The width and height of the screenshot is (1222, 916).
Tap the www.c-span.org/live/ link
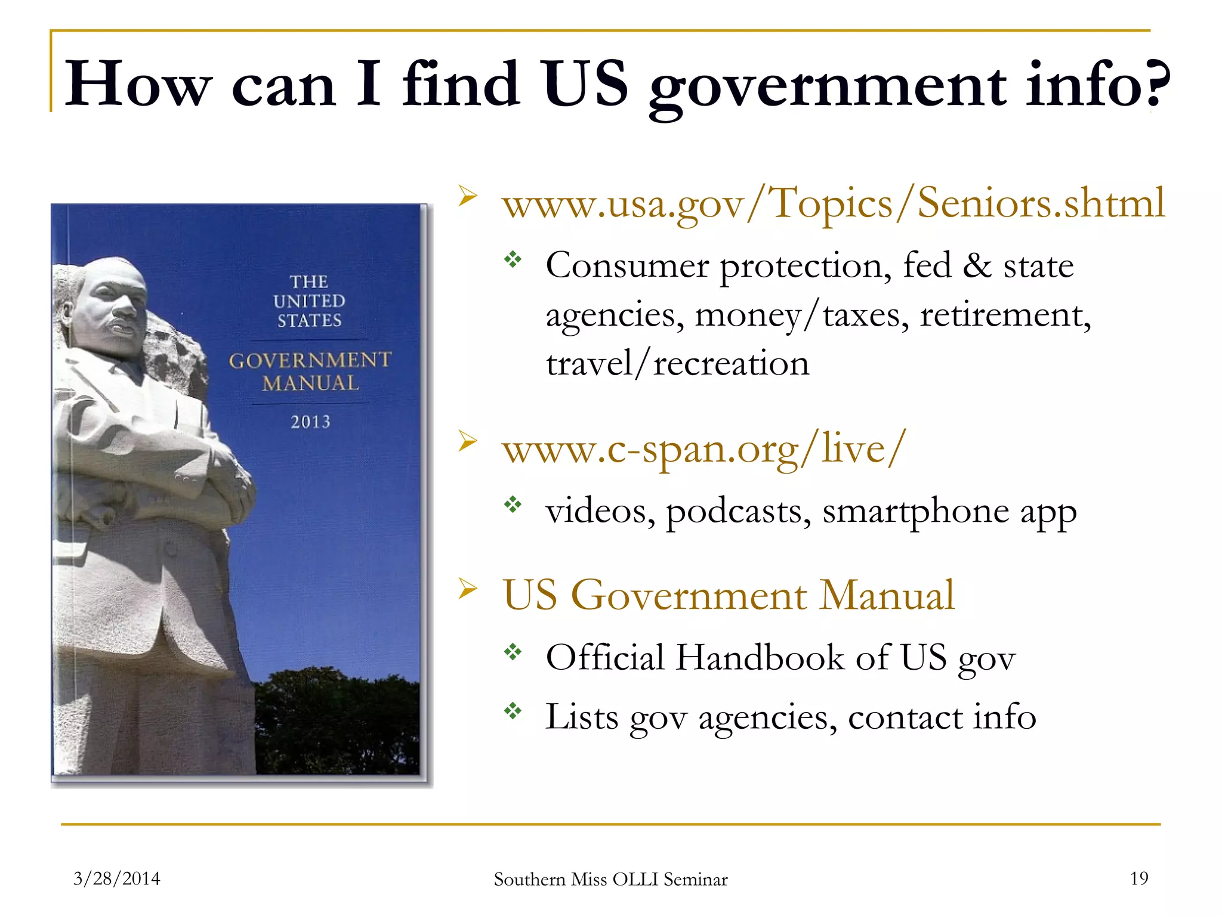[x=704, y=449]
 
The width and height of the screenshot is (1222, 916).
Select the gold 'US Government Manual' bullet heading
[x=729, y=596]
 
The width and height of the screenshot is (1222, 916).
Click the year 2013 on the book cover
[x=310, y=422]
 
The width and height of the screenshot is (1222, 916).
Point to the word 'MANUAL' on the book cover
[x=311, y=383]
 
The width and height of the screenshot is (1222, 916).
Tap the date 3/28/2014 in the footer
[x=117, y=878]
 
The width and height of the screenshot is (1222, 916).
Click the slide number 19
[x=1139, y=878]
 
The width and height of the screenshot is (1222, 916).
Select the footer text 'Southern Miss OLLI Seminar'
[x=610, y=880]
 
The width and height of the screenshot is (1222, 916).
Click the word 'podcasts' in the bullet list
[x=738, y=512]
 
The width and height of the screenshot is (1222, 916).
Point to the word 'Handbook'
[x=760, y=658]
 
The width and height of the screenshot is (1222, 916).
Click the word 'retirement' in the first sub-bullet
[x=1005, y=315]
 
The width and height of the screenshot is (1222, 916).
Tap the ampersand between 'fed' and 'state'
[x=977, y=266]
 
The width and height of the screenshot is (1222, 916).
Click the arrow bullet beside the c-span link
[x=468, y=442]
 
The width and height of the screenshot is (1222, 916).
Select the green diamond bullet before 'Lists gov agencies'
[x=513, y=710]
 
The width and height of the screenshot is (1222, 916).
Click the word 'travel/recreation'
[x=678, y=364]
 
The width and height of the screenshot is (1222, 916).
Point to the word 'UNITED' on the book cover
[x=309, y=301]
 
